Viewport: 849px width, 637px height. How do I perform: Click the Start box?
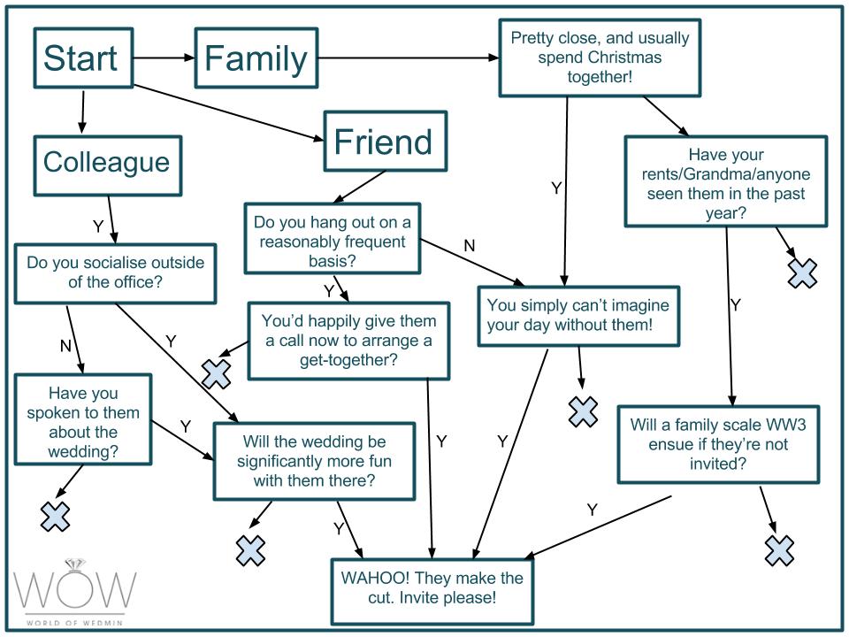coord(83,58)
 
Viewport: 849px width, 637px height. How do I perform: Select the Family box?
coord(256,58)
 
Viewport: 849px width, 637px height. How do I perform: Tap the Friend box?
coord(385,141)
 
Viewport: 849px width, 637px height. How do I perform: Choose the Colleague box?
coord(108,165)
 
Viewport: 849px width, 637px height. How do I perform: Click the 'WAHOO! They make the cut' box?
coord(432,591)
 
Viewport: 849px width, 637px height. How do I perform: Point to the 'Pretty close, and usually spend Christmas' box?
coord(600,58)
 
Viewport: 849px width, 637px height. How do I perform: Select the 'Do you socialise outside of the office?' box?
coord(115,273)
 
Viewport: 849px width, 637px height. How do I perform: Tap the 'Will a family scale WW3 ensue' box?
coord(718,444)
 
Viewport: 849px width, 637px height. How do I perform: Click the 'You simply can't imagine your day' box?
coord(578,316)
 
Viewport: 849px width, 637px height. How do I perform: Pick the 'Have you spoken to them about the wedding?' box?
coord(83,419)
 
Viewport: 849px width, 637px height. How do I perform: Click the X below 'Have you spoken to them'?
coord(55,516)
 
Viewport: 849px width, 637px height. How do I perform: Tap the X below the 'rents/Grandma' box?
coord(802,273)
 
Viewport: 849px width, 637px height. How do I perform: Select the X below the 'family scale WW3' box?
coord(780,551)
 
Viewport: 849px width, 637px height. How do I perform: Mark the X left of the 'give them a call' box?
coord(217,373)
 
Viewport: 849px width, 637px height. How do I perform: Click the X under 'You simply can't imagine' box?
coord(583,411)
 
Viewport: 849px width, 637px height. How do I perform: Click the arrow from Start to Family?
coord(164,58)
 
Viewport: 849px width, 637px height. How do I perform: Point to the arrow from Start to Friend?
coord(228,113)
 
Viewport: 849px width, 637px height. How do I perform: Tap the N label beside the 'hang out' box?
coord(470,245)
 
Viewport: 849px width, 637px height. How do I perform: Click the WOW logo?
coord(74,592)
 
